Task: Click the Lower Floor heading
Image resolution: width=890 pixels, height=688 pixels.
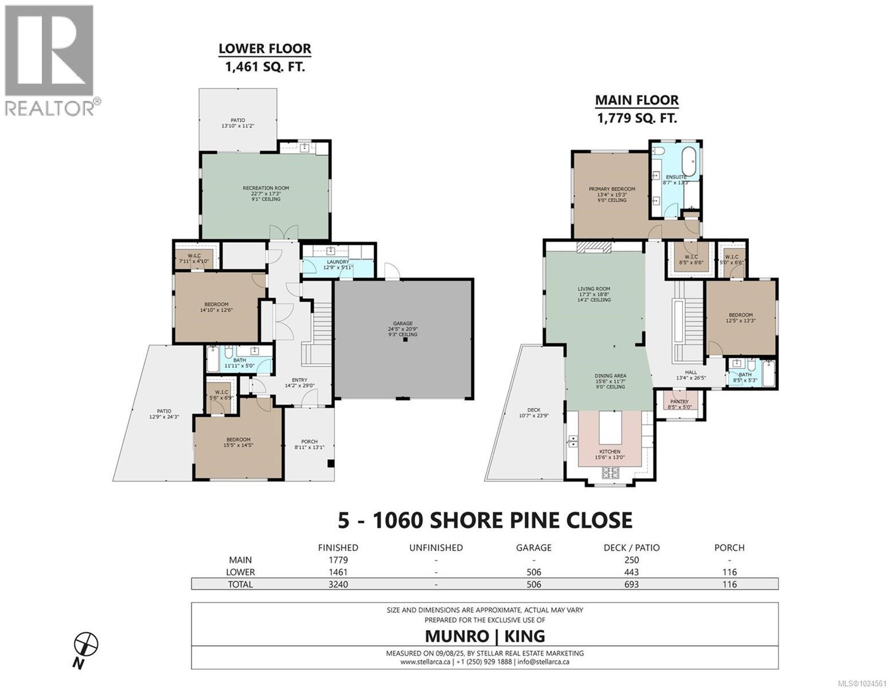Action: point(265,49)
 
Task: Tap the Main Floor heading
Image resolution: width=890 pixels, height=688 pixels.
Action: point(637,100)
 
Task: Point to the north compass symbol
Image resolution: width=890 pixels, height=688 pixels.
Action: point(87,644)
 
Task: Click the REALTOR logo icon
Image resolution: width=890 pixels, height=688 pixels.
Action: point(48,50)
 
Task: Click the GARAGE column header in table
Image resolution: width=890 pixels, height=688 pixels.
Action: point(533,548)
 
